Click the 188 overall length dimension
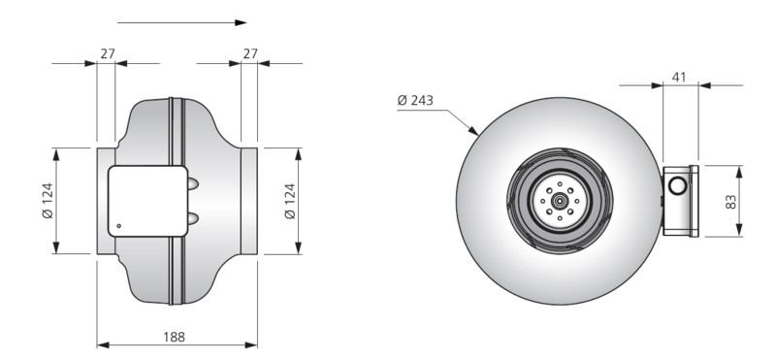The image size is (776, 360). tap(175, 338)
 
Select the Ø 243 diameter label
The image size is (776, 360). tap(415, 101)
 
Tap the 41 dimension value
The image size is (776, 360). tap(680, 78)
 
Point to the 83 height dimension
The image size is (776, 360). tap(731, 202)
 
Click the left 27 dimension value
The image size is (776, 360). tap(108, 53)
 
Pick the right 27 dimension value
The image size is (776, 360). tap(250, 53)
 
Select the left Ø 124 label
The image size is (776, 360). tap(48, 201)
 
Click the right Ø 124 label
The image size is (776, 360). tap(290, 201)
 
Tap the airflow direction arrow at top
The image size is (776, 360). tap(181, 22)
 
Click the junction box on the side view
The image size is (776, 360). tap(148, 201)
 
